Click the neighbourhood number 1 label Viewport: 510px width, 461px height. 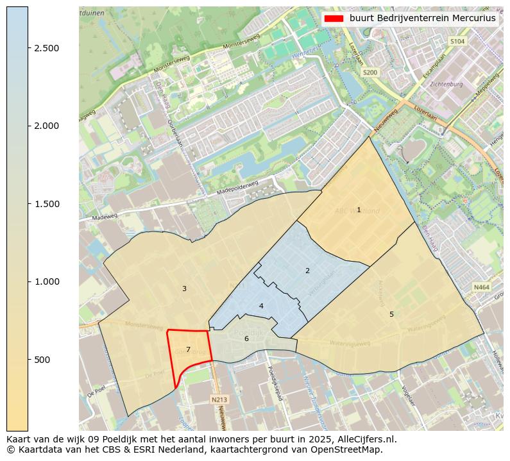359,210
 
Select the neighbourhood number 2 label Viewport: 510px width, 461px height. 307,271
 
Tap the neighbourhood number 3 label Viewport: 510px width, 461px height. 184,289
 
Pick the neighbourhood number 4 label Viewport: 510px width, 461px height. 261,306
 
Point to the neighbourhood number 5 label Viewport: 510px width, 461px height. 391,314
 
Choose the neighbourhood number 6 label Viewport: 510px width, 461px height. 246,339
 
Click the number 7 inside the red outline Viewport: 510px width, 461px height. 188,349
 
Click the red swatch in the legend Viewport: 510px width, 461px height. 334,19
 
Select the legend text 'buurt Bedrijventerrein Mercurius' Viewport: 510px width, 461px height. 422,19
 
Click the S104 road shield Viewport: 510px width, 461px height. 457,41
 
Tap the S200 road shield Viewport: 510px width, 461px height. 370,72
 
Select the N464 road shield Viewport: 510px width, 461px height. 481,288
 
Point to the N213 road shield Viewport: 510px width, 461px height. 219,399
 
